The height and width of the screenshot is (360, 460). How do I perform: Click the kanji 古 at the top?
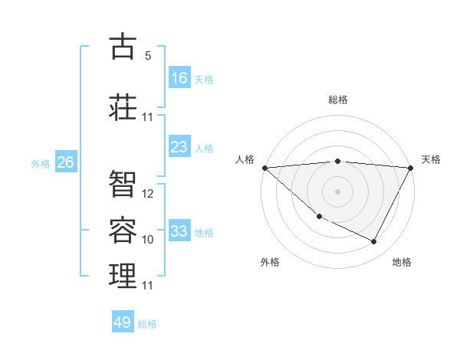[x=123, y=47]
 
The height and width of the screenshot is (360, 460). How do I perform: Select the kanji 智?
[x=123, y=182]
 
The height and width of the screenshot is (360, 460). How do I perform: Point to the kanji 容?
[x=123, y=228]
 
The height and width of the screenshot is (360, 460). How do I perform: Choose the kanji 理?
[x=123, y=275]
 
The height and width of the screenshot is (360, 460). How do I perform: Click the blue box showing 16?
[x=179, y=78]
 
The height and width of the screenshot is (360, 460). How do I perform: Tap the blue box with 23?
[x=179, y=147]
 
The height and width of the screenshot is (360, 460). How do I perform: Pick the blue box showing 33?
[x=179, y=231]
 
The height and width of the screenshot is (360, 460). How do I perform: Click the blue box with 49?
[x=123, y=322]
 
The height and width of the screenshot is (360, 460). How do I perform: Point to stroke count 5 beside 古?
[x=148, y=56]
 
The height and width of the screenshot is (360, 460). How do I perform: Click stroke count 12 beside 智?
[x=148, y=194]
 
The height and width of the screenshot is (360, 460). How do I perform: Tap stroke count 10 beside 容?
[x=148, y=240]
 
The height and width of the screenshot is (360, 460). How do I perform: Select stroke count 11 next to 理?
[x=148, y=286]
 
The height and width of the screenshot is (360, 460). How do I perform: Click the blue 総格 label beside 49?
[x=147, y=324]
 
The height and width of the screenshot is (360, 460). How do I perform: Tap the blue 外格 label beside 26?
[x=41, y=164]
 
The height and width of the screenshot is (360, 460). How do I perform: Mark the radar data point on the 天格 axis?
[x=411, y=168]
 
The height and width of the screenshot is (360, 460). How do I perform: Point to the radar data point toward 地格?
[x=374, y=242]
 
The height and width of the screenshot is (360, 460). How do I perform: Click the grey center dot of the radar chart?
[x=337, y=191]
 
